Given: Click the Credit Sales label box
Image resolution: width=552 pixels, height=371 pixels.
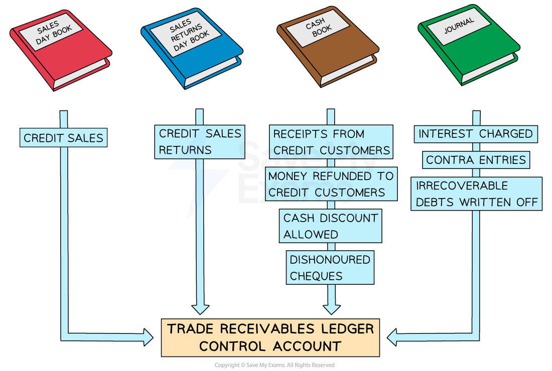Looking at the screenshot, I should (x=64, y=137).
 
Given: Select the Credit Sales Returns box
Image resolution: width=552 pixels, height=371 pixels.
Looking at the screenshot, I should (x=200, y=142).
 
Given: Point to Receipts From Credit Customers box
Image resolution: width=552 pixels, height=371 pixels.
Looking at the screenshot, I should (x=331, y=142).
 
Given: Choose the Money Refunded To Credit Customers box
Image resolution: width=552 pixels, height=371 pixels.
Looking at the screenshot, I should (x=331, y=184).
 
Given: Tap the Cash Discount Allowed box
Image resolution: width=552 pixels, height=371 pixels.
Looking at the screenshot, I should (x=330, y=226).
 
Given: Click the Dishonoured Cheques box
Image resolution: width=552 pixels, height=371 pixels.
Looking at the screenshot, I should (x=330, y=268).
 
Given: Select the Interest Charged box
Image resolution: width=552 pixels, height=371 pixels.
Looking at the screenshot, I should (x=475, y=134).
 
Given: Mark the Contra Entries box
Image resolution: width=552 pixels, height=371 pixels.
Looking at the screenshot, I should (x=476, y=160).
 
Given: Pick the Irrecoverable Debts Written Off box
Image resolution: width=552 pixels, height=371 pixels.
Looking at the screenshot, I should (x=476, y=194).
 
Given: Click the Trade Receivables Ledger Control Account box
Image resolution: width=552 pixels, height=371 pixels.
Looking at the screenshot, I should (x=270, y=337).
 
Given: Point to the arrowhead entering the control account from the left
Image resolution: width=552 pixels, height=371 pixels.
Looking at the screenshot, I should (x=148, y=337).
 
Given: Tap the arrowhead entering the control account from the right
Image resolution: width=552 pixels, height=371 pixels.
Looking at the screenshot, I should (x=393, y=337).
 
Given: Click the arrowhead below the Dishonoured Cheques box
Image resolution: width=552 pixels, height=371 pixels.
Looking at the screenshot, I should (x=331, y=307).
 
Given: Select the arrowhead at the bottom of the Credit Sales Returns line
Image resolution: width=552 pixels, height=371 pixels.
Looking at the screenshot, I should (x=200, y=307).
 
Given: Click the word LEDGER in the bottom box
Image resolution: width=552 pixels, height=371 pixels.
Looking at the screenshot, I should (x=347, y=329).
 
